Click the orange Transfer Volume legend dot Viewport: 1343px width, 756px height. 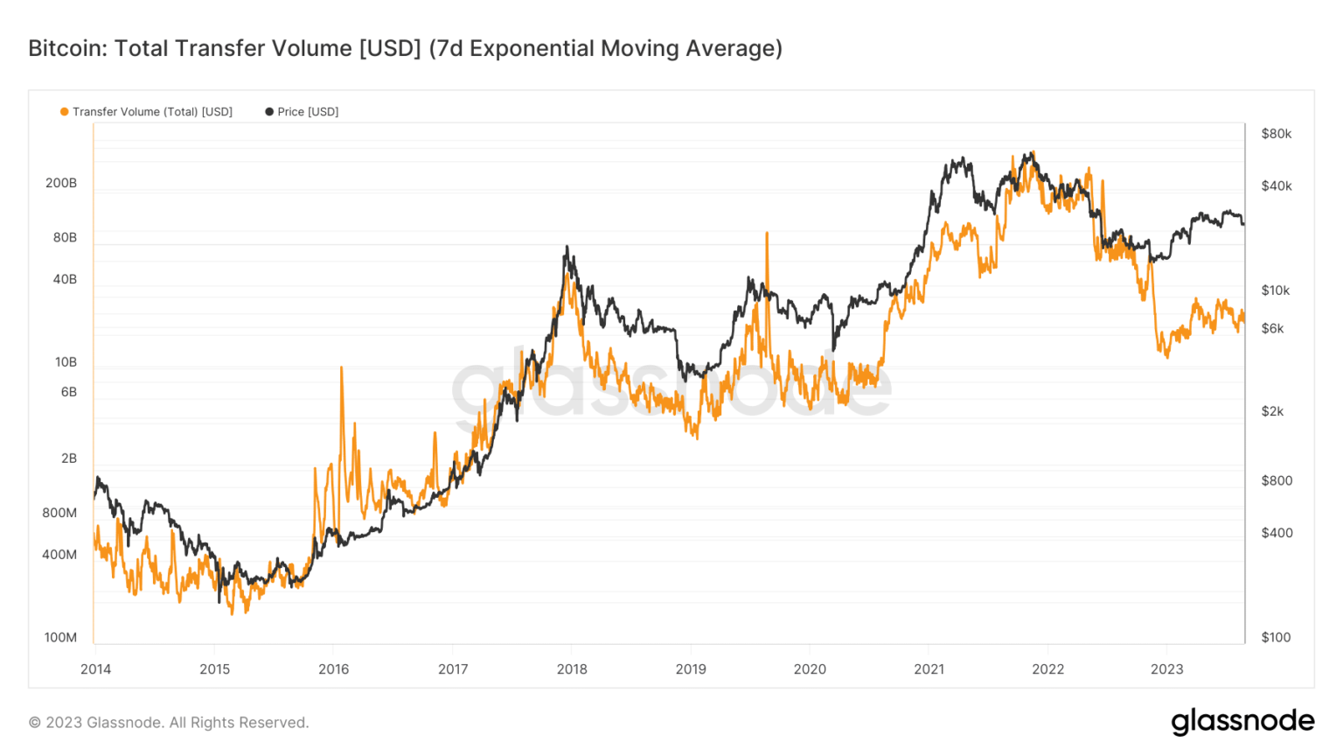[64, 112]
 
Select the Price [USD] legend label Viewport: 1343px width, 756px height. [307, 112]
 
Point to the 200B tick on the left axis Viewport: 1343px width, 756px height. [61, 183]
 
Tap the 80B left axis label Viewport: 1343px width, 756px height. [65, 237]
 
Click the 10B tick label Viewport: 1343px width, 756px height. [66, 361]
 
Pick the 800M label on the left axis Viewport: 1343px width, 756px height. [59, 513]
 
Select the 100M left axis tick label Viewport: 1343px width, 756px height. [60, 637]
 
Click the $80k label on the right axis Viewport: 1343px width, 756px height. [1276, 134]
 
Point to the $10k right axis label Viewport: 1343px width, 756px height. [1275, 290]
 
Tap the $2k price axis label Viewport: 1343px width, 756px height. [1272, 411]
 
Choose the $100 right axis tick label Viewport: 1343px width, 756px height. [1276, 637]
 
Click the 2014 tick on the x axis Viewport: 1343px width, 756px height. [95, 669]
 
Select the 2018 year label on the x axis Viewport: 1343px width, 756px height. [572, 669]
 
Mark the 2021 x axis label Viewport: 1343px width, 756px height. [929, 669]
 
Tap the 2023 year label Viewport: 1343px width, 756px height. [1166, 669]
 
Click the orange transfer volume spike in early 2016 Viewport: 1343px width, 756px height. [341, 369]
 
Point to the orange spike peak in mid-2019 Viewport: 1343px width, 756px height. [767, 234]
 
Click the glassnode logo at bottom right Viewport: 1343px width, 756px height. [1242, 722]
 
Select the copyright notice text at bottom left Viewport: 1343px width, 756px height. [169, 723]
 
